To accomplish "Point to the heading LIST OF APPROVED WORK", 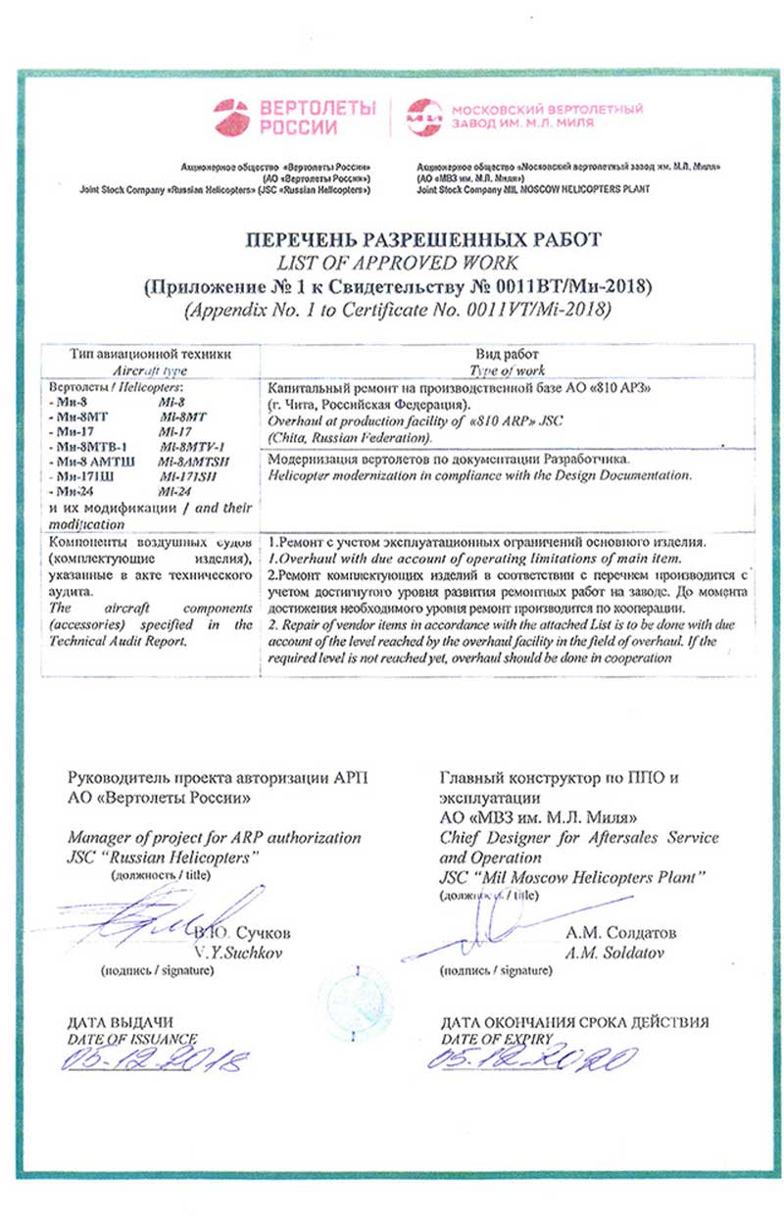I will pyautogui.click(x=395, y=262).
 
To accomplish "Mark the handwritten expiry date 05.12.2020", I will pyautogui.click(x=533, y=1058).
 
